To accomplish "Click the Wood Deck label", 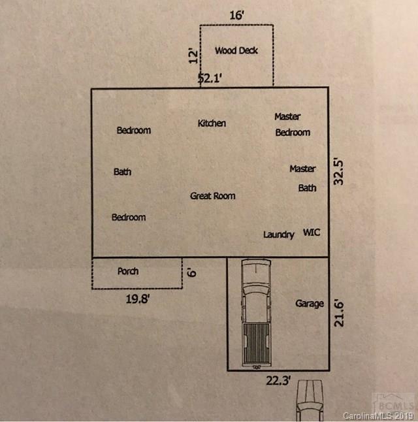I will coord(236,50).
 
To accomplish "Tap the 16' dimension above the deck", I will coord(236,14).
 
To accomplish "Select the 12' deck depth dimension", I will coord(192,55).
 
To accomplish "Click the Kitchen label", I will coord(212,123).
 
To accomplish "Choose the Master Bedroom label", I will coord(291,124).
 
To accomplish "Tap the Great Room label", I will coord(212,195).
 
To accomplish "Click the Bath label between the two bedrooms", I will coord(122,172).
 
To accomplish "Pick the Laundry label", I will coord(278,235).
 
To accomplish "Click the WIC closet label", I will coord(312,233).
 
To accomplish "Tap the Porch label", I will coord(128,271).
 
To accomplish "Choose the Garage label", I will coord(309,303).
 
